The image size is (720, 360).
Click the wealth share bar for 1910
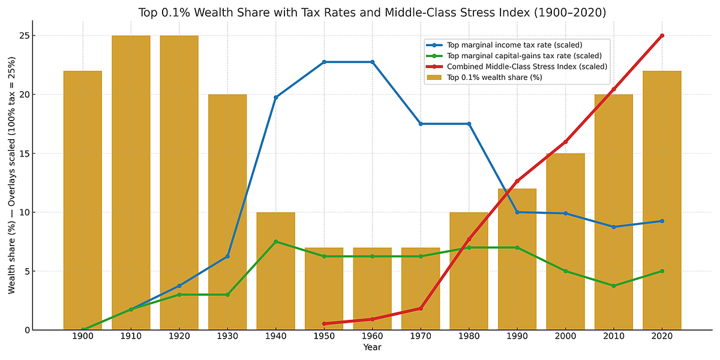click(131, 182)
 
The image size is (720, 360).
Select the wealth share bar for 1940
click(276, 271)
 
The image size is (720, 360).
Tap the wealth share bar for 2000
click(565, 241)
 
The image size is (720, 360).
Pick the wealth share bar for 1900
click(83, 200)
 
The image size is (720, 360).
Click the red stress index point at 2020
click(662, 35)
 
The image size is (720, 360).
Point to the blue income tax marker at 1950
click(324, 62)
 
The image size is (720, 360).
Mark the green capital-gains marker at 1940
click(276, 241)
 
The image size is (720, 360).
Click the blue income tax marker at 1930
click(227, 256)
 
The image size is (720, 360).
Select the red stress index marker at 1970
click(421, 308)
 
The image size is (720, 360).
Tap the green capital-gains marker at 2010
click(614, 286)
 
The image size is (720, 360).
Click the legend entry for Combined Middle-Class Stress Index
click(517, 67)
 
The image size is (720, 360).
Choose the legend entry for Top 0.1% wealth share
click(484, 77)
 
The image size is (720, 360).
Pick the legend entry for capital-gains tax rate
click(514, 56)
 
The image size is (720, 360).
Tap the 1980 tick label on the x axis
click(469, 336)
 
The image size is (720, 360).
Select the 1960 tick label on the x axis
click(372, 336)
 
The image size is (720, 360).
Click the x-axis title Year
click(372, 347)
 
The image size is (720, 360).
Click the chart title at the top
click(372, 13)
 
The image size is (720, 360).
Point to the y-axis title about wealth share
click(11, 175)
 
